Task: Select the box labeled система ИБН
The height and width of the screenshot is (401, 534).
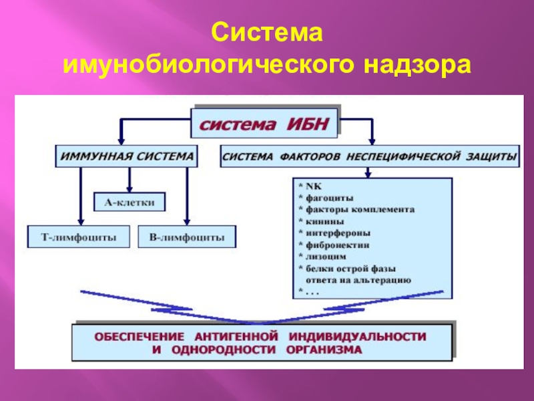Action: pyautogui.click(x=266, y=124)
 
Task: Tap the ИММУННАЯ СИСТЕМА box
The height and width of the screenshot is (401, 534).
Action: pyautogui.click(x=125, y=155)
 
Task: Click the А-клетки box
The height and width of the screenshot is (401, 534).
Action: pyautogui.click(x=129, y=200)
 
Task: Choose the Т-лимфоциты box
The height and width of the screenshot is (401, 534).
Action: pyautogui.click(x=79, y=236)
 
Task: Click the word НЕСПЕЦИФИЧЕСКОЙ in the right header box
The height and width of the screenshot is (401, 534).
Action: pyautogui.click(x=407, y=156)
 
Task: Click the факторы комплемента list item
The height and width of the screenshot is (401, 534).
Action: pyautogui.click(x=360, y=209)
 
